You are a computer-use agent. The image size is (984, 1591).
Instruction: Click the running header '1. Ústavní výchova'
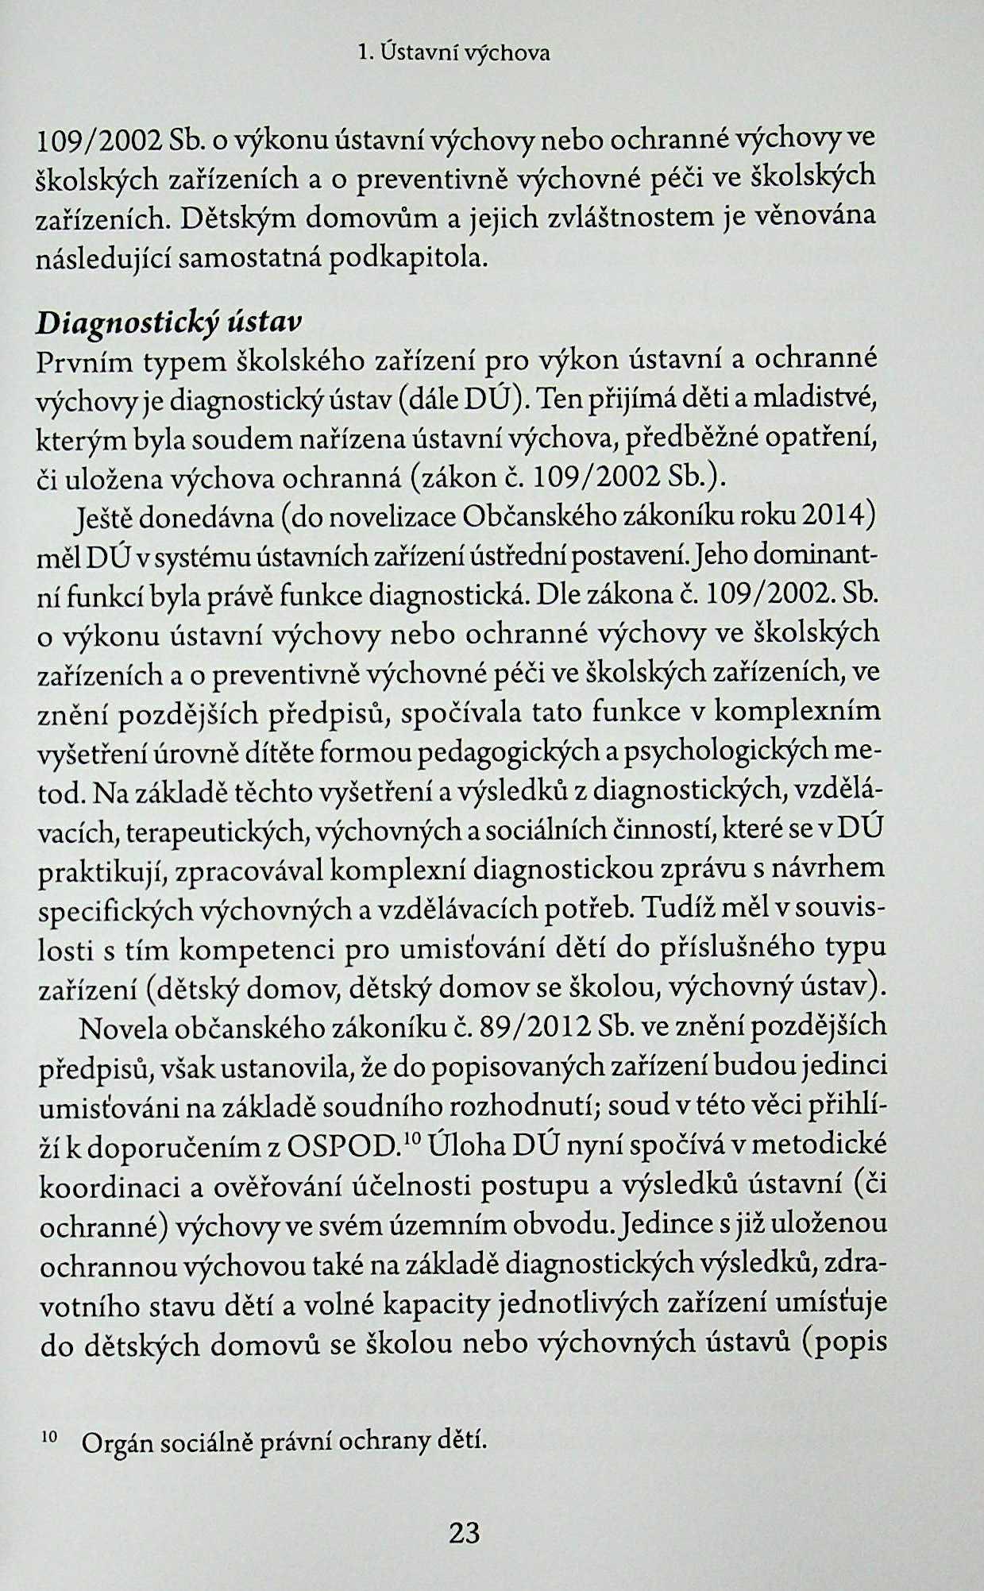453,54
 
